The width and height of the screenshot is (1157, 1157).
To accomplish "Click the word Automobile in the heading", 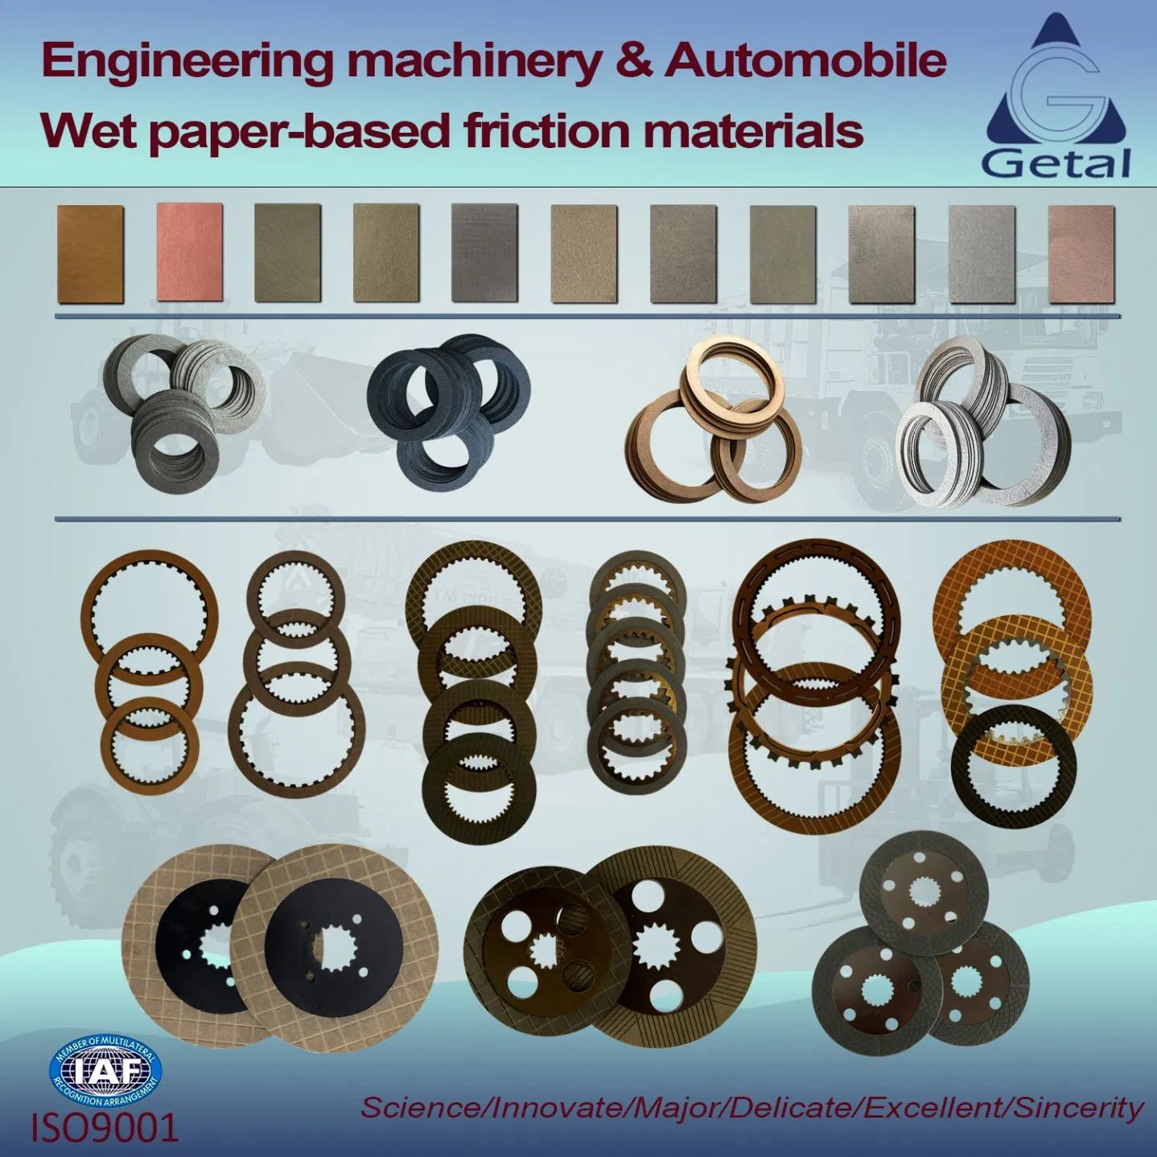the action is tap(805, 61).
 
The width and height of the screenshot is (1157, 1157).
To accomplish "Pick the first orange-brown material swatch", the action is tap(90, 253).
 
